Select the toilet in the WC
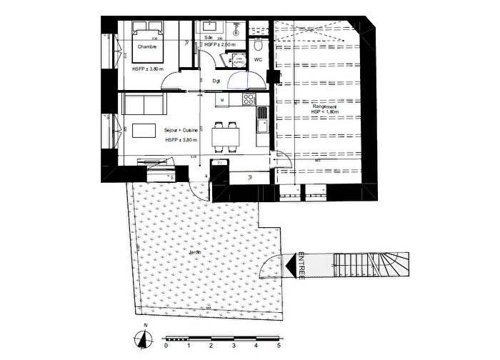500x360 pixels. (257, 44)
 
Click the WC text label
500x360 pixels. (258, 60)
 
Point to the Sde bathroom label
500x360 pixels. (209, 36)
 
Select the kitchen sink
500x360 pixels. (261, 124)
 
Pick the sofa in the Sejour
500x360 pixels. (141, 104)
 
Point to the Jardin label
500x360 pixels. (194, 254)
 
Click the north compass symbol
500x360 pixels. (144, 338)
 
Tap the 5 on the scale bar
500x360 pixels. (279, 345)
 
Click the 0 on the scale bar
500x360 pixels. (166, 345)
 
